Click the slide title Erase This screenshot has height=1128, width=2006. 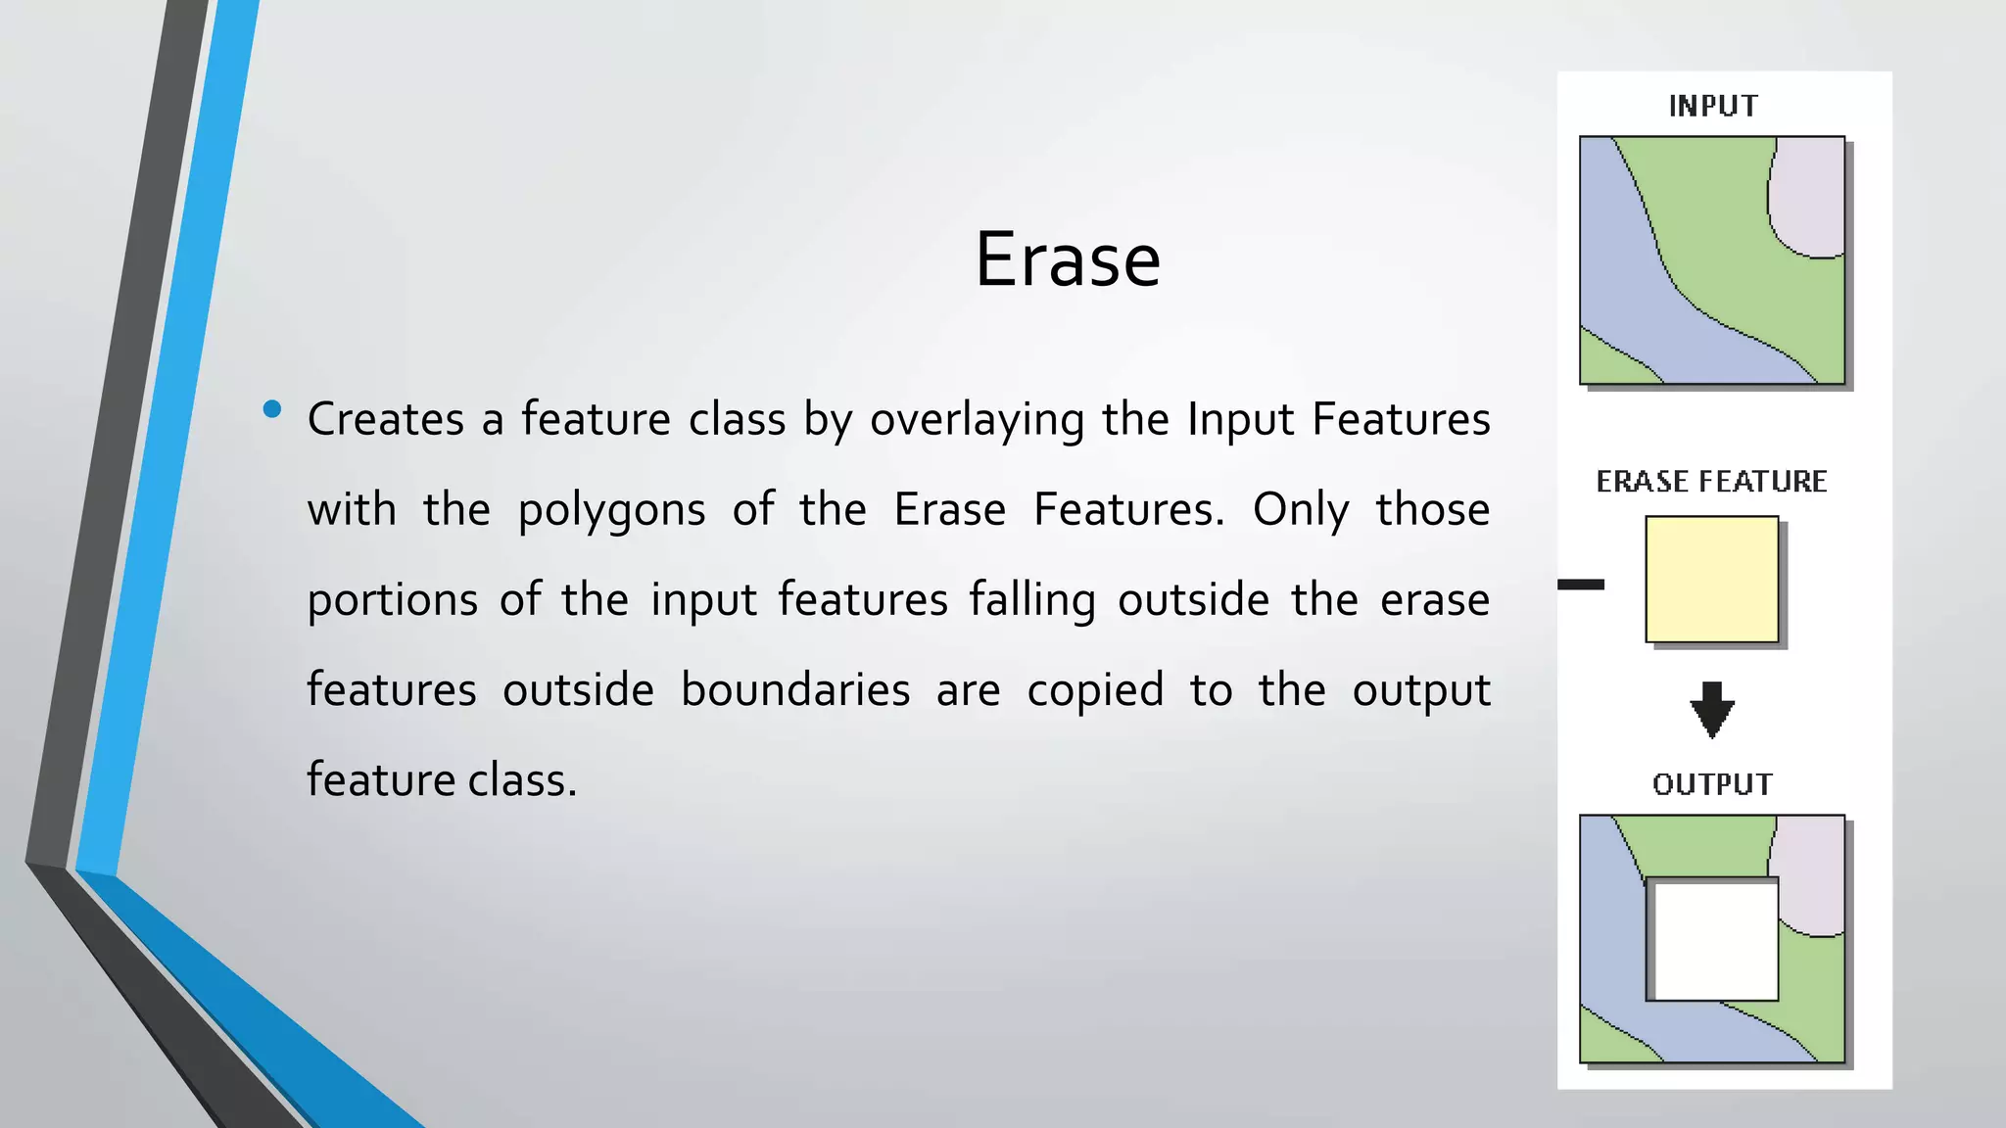1067,259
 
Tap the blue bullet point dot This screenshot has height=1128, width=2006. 272,409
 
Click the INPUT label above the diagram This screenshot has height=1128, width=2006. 1712,106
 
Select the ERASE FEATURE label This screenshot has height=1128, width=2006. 1711,481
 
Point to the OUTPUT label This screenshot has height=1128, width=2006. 1711,784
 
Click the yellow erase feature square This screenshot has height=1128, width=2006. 1711,579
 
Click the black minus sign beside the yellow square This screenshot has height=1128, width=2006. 1581,585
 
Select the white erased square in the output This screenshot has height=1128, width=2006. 1713,940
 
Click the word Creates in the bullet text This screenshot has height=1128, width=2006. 385,419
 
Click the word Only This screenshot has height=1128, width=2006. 1300,510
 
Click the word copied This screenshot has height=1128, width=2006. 1095,691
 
